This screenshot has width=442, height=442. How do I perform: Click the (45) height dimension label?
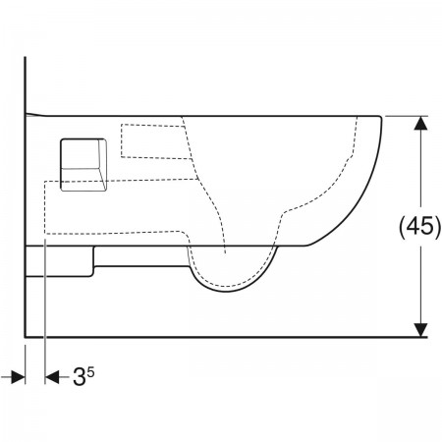coord(420,226)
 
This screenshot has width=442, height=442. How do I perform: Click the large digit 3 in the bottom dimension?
coord(79,376)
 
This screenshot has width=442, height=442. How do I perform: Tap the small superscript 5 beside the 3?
coord(90,372)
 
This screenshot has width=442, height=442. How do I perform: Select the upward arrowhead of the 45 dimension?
coord(420,123)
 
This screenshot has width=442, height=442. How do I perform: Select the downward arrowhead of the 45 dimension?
coord(420,330)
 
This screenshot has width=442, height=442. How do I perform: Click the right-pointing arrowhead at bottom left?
coord(18,377)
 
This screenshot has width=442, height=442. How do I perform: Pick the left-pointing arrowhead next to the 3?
coord(52,377)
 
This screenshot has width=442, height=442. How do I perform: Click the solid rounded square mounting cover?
coord(83,164)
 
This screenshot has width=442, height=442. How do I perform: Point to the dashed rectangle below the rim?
coord(155,141)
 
